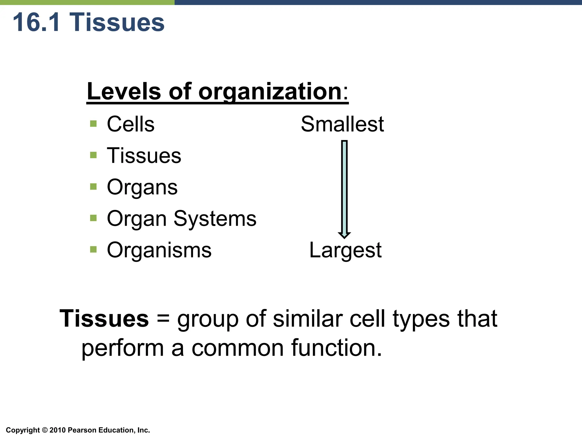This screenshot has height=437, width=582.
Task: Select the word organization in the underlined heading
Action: click(270, 92)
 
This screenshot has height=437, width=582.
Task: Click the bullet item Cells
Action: click(130, 124)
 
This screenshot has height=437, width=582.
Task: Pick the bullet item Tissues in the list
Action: click(144, 156)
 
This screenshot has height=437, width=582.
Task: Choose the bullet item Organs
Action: click(142, 187)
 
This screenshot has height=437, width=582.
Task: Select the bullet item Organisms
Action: click(159, 250)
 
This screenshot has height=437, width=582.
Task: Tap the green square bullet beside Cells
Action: click(93, 124)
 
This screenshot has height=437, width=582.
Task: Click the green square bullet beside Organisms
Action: click(93, 250)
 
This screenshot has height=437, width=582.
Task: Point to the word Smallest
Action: click(342, 124)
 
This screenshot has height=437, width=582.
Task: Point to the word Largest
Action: click(345, 250)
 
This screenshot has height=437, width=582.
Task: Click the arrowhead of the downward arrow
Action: click(344, 235)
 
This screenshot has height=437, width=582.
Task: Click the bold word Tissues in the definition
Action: click(104, 318)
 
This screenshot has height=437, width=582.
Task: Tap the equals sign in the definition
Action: click(163, 318)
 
